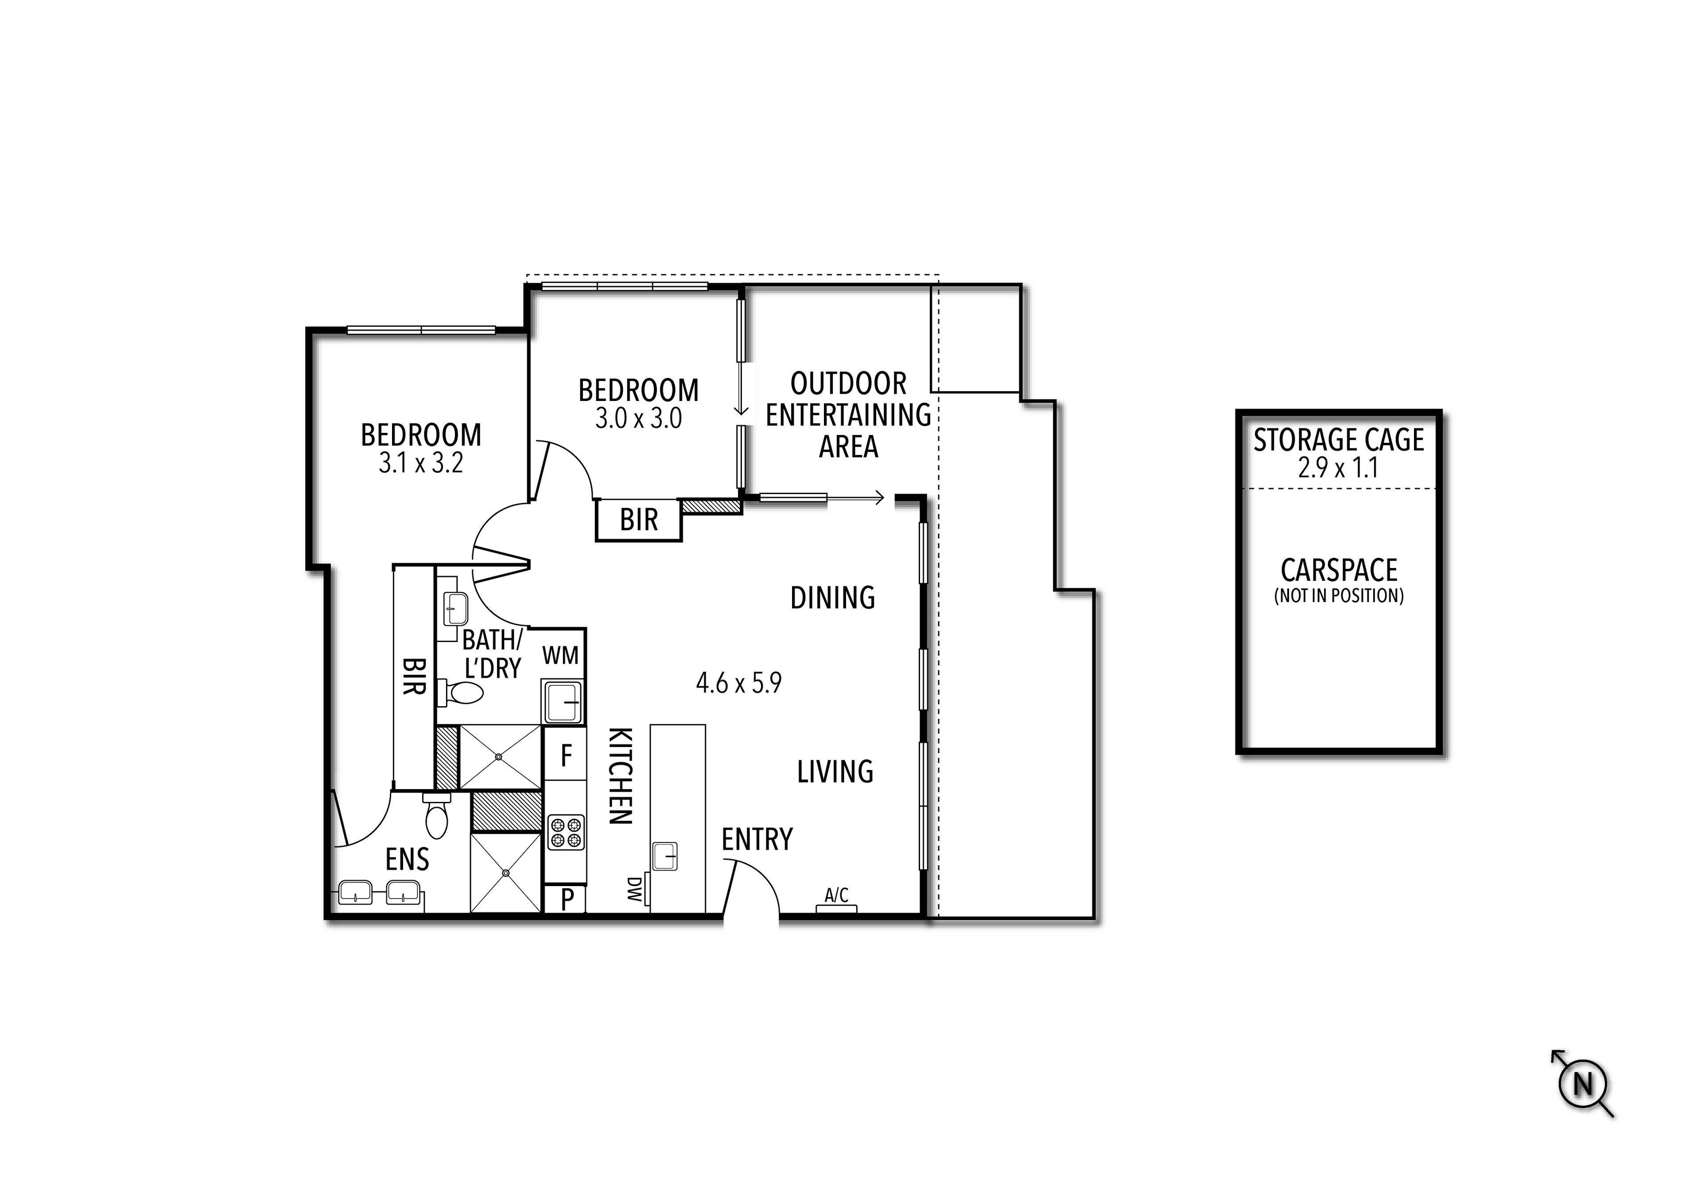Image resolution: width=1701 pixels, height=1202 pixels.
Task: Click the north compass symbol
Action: click(x=1582, y=1084)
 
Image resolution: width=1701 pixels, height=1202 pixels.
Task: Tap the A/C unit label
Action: click(x=836, y=895)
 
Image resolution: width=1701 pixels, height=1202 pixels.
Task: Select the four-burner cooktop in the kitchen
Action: click(x=566, y=832)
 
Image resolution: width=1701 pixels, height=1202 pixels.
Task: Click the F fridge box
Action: click(x=566, y=756)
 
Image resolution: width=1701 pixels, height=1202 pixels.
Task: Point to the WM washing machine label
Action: click(x=560, y=655)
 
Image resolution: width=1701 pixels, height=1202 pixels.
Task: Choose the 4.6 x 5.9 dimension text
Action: click(x=738, y=682)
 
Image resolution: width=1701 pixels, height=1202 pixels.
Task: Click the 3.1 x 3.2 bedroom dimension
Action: click(x=421, y=463)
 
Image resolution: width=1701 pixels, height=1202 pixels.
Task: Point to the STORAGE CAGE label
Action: click(x=1338, y=440)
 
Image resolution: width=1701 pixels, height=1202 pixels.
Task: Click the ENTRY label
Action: click(x=757, y=840)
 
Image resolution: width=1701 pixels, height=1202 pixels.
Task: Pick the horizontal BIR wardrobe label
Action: click(x=639, y=520)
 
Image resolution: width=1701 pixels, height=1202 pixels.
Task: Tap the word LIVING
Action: click(x=835, y=772)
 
